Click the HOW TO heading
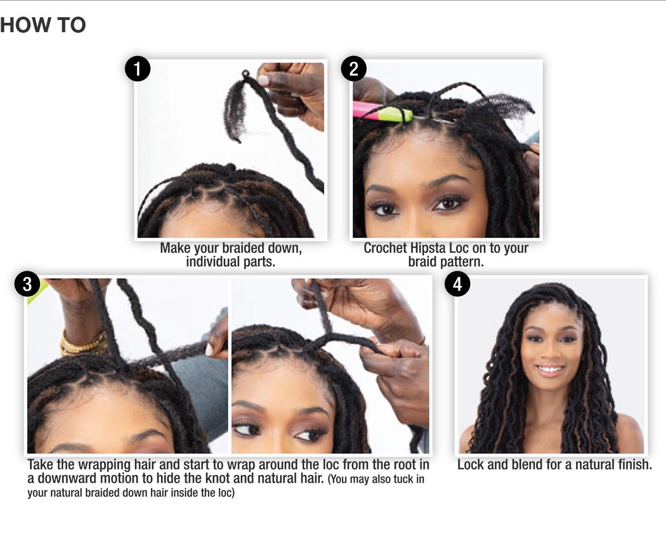[43, 25]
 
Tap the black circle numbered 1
[138, 69]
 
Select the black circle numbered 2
[354, 69]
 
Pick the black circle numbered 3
[27, 284]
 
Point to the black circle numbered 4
[457, 284]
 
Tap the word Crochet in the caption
[385, 248]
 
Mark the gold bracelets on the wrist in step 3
[83, 343]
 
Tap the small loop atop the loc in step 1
[245, 74]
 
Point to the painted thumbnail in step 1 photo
[264, 80]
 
